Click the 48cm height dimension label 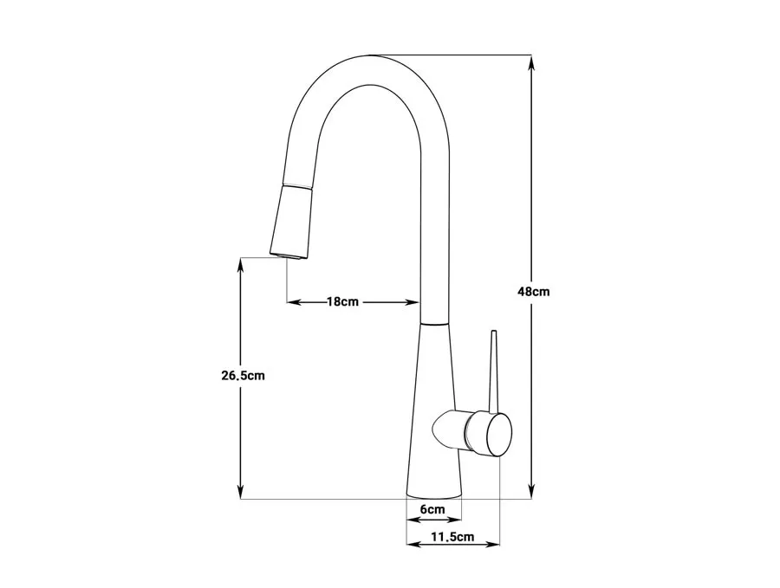click(533, 292)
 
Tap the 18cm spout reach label click(342, 301)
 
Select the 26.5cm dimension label click(243, 376)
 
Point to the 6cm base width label click(432, 509)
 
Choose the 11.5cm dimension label click(452, 537)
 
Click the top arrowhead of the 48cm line click(532, 62)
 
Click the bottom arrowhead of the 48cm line click(532, 491)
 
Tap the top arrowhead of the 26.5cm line click(240, 265)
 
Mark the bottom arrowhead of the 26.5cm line click(240, 491)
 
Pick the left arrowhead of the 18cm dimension click(294, 301)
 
